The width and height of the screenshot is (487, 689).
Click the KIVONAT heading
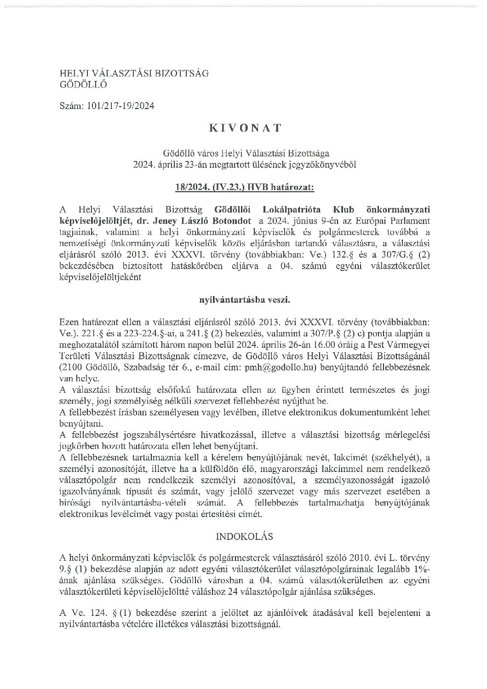[x=244, y=128]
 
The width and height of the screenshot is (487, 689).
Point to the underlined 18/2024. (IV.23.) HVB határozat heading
[x=244, y=187]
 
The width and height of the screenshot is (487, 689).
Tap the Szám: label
[x=69, y=106]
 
